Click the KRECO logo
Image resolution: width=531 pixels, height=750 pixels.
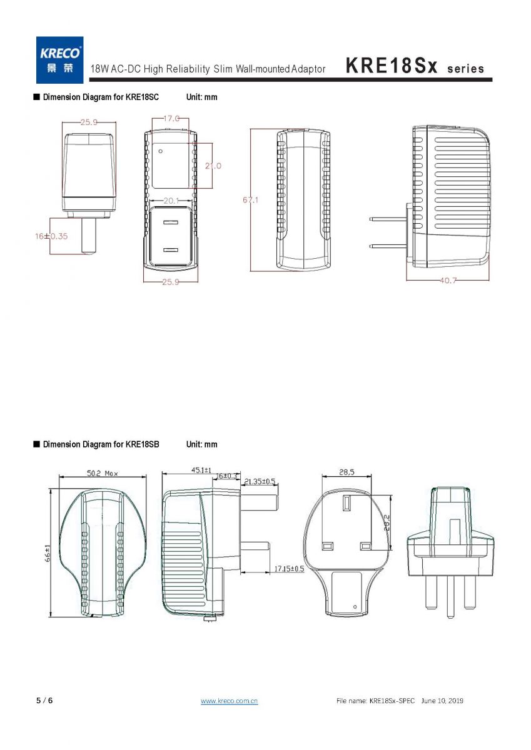click(x=59, y=60)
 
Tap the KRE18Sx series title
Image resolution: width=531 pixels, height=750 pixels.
click(x=415, y=66)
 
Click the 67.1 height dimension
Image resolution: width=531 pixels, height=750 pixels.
click(x=251, y=200)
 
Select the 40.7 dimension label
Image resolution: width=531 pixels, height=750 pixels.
click(x=448, y=280)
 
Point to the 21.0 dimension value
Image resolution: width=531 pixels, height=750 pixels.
click(x=213, y=166)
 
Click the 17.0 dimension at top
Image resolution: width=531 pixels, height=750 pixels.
click(x=171, y=118)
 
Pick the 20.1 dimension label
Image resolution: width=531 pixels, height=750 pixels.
click(x=171, y=201)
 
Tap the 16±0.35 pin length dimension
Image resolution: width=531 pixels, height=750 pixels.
click(x=51, y=236)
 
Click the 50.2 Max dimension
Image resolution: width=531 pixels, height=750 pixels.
click(x=103, y=473)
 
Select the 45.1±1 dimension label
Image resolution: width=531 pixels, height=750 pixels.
click(x=201, y=470)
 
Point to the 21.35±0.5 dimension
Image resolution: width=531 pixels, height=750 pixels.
click(x=260, y=481)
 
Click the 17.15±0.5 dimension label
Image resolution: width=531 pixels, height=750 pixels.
click(x=289, y=569)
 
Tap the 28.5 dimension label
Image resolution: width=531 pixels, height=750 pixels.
click(x=346, y=472)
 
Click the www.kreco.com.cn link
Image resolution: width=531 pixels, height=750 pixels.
click(x=229, y=701)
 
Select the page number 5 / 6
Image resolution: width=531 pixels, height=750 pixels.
click(x=44, y=701)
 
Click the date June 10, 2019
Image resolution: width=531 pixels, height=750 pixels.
click(x=442, y=701)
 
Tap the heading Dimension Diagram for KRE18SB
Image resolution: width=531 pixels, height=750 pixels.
click(x=101, y=444)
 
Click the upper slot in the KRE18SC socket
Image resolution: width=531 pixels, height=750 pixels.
click(x=171, y=222)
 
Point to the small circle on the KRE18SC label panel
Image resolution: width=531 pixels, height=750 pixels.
click(x=161, y=151)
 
